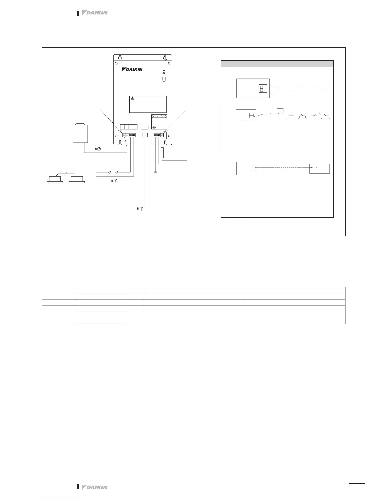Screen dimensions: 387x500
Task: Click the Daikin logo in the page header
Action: (x=95, y=13)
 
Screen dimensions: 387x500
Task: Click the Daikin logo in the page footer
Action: (x=95, y=487)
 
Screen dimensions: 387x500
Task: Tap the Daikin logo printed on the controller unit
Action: (x=132, y=69)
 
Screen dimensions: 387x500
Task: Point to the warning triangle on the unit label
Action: (x=133, y=98)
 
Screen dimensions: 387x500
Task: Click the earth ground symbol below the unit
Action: (x=154, y=173)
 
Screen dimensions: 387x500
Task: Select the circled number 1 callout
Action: (x=141, y=209)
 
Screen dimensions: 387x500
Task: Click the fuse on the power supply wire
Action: (x=162, y=153)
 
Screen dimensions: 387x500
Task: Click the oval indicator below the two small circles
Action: (x=164, y=79)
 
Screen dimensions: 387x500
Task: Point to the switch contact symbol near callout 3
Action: (x=113, y=172)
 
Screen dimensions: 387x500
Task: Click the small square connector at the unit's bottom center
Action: (x=145, y=135)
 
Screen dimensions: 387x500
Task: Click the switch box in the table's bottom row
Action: (x=319, y=169)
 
